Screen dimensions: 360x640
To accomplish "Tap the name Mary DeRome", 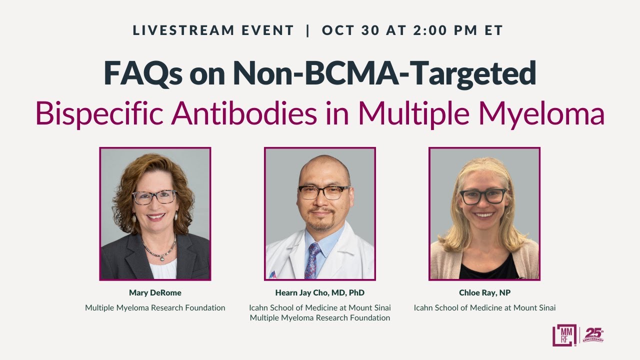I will pos(155,293).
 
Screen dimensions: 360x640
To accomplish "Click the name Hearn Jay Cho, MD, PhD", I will pos(319,293).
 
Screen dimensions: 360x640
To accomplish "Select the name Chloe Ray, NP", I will pos(484,293).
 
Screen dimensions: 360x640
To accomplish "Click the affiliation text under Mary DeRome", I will pos(155,308).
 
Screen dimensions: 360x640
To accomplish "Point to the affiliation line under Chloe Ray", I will pos(484,308).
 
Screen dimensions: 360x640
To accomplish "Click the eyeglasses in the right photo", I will pos(483,196).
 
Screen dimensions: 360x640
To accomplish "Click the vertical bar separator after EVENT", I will pos(307,30).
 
